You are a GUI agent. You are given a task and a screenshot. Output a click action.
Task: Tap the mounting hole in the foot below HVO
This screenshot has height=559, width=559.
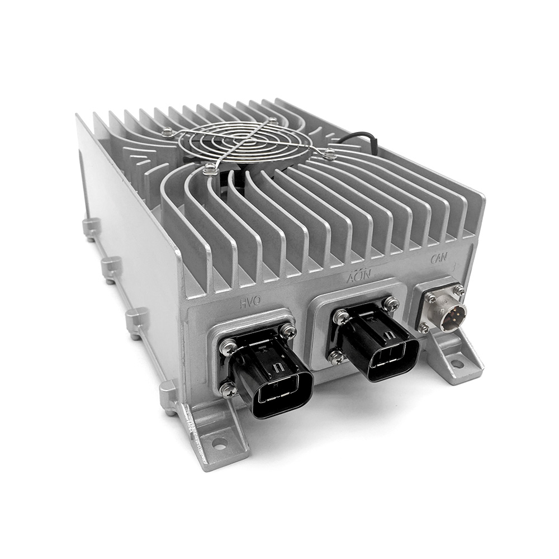tap(220, 444)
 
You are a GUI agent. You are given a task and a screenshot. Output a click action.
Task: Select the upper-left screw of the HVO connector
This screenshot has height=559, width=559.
tap(229, 348)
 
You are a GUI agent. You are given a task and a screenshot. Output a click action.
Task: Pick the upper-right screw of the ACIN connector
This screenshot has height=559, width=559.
tap(392, 304)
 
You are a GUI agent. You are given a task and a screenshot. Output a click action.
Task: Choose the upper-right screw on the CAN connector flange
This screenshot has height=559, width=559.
tap(458, 290)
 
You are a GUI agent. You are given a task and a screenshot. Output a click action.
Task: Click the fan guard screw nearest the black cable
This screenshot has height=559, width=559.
tap(330, 153)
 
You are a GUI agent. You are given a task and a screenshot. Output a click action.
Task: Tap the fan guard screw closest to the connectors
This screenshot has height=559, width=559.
tap(210, 168)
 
